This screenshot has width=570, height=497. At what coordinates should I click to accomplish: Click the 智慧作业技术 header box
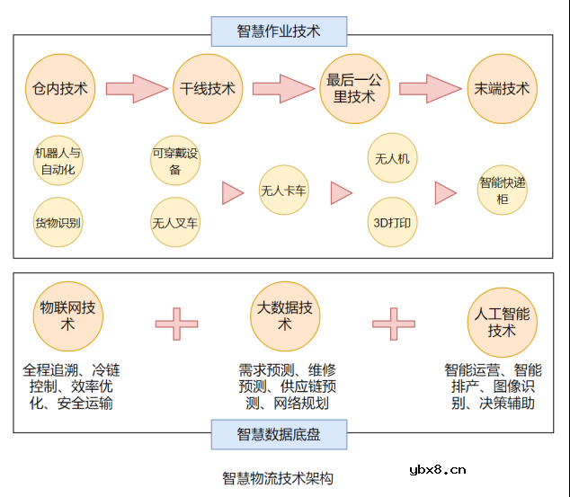click(x=279, y=31)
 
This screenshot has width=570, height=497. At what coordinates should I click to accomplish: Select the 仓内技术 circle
click(x=60, y=88)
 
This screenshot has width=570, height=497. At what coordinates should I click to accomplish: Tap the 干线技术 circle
click(x=208, y=88)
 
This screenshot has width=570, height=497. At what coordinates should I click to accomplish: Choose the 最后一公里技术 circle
click(x=354, y=88)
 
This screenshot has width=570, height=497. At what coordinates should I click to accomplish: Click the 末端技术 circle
click(x=502, y=88)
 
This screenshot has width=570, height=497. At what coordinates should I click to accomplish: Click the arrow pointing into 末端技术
click(x=430, y=88)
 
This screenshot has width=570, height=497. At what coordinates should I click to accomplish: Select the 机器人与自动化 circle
click(x=58, y=160)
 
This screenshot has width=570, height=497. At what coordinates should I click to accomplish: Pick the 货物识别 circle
click(x=58, y=221)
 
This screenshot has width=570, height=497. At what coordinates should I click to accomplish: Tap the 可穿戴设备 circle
click(x=175, y=160)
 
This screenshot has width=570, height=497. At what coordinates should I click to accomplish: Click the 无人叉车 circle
click(x=175, y=222)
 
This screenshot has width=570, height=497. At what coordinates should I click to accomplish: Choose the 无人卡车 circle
click(x=283, y=191)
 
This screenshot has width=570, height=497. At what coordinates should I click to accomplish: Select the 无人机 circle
click(x=392, y=159)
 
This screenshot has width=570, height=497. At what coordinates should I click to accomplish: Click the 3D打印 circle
click(x=392, y=222)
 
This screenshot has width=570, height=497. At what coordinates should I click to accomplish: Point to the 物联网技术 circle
click(x=67, y=315)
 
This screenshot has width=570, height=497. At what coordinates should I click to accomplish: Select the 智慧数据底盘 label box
click(x=279, y=435)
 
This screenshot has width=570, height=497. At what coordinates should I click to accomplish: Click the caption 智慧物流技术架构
click(x=278, y=478)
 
